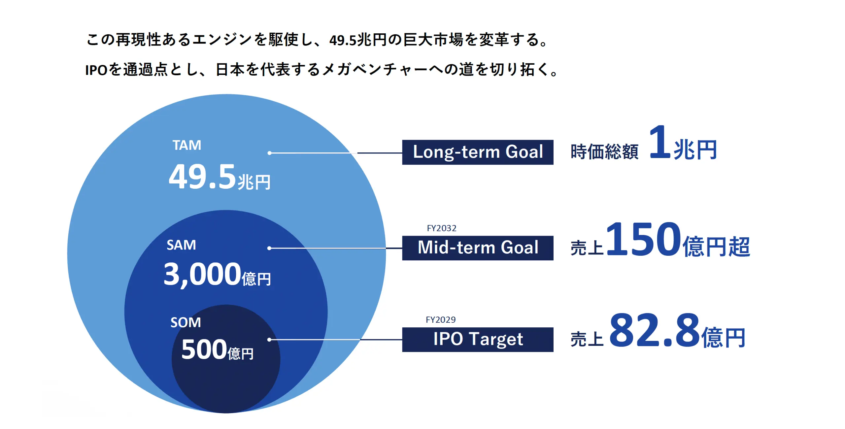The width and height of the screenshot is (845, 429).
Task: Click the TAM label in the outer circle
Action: (187, 145)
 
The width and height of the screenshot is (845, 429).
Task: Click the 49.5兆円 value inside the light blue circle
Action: (219, 178)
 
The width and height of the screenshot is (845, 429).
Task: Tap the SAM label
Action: (181, 245)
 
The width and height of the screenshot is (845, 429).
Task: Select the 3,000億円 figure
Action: (217, 275)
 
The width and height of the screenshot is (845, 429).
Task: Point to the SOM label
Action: (186, 322)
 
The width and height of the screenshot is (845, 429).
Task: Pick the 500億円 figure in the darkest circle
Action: (217, 350)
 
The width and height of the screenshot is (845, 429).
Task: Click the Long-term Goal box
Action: (478, 152)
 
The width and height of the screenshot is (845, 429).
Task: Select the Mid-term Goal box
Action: (478, 248)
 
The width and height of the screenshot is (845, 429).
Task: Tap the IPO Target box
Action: (478, 339)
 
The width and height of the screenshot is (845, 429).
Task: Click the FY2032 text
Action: (441, 228)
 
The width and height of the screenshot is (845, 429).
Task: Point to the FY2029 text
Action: (441, 320)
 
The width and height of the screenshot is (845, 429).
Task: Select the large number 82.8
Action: (655, 331)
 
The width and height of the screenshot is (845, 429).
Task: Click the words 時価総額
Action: (604, 152)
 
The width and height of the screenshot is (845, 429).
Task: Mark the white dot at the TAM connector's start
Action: (270, 153)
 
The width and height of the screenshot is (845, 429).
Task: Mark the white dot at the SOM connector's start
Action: (269, 340)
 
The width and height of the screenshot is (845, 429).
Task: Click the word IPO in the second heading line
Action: (96, 70)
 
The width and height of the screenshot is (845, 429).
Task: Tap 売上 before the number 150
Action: (587, 248)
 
